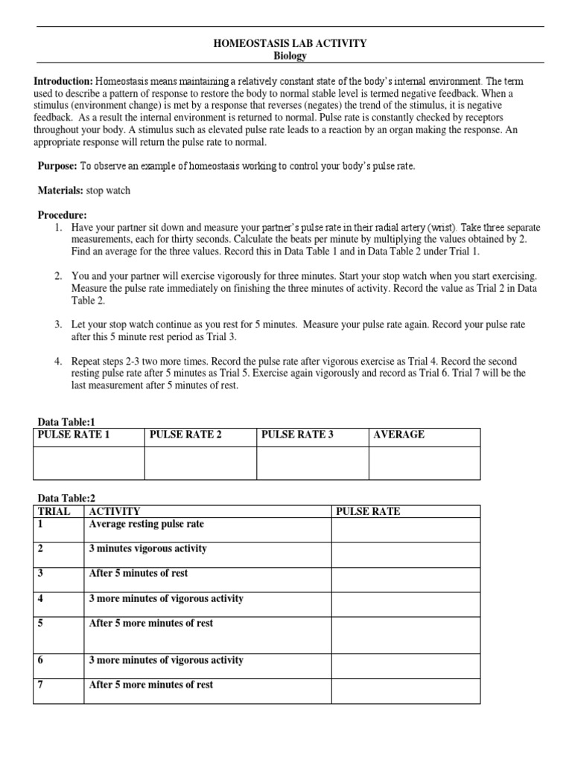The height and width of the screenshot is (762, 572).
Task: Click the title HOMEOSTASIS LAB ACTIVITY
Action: (x=290, y=44)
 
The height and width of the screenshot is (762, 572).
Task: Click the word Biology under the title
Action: (x=290, y=56)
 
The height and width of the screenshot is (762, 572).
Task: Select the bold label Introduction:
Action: (x=63, y=80)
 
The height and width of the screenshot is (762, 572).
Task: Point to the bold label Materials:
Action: (x=61, y=191)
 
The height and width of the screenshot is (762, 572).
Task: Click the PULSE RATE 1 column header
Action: (x=73, y=435)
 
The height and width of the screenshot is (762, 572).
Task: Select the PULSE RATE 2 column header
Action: (x=185, y=435)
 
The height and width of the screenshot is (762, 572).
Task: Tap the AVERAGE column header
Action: (x=399, y=435)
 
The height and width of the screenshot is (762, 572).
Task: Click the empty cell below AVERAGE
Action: (x=425, y=463)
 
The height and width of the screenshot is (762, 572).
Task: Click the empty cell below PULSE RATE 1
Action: (x=89, y=463)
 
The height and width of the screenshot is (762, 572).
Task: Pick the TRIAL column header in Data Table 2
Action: (x=54, y=511)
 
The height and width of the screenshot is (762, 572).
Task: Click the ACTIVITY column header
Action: (x=115, y=511)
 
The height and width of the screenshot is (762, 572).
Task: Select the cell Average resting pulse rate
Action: (x=147, y=525)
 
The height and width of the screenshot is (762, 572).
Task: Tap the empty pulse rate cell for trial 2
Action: (x=405, y=554)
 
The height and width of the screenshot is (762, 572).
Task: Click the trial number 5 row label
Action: (x=41, y=624)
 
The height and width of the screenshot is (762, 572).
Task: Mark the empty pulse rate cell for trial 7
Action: (x=405, y=691)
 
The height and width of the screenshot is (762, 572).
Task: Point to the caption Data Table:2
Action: (x=67, y=498)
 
